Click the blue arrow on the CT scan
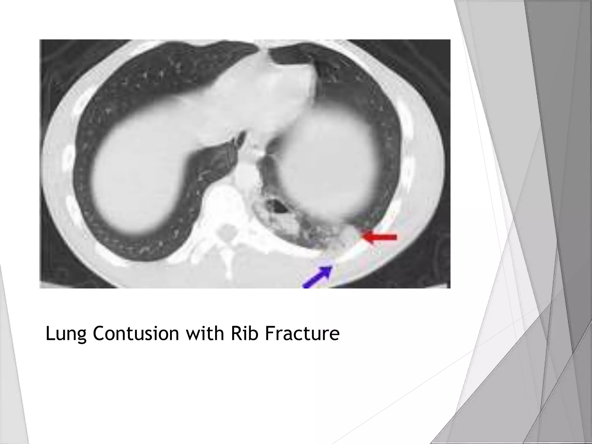pyautogui.click(x=317, y=277)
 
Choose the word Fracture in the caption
pyautogui.click(x=301, y=333)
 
